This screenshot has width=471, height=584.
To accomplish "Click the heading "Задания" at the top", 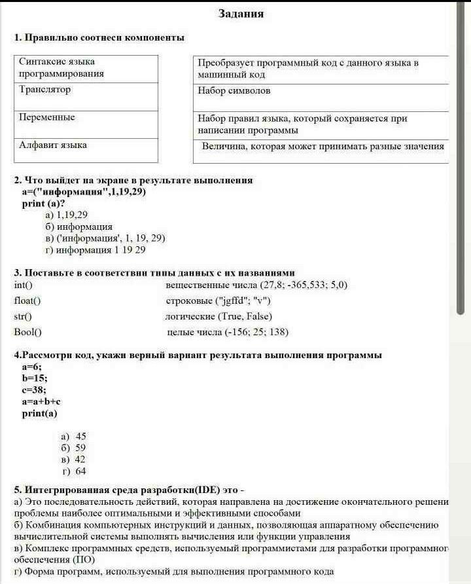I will click(x=241, y=14).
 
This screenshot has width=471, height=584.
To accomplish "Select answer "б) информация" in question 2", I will click(x=78, y=227).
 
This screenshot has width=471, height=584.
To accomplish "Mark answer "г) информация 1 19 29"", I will click(x=95, y=250).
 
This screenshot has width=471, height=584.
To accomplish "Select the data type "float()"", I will click(x=27, y=301).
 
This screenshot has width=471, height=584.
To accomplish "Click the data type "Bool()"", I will click(x=28, y=332).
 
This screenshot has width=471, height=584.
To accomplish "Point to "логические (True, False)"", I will click(x=218, y=316).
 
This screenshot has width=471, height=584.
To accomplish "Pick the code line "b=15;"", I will click(x=35, y=378).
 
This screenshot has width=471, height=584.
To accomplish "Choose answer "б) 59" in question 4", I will click(x=73, y=448).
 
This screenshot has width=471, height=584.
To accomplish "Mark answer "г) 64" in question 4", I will click(x=74, y=471).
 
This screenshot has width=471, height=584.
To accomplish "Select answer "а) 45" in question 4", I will click(x=73, y=437).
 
